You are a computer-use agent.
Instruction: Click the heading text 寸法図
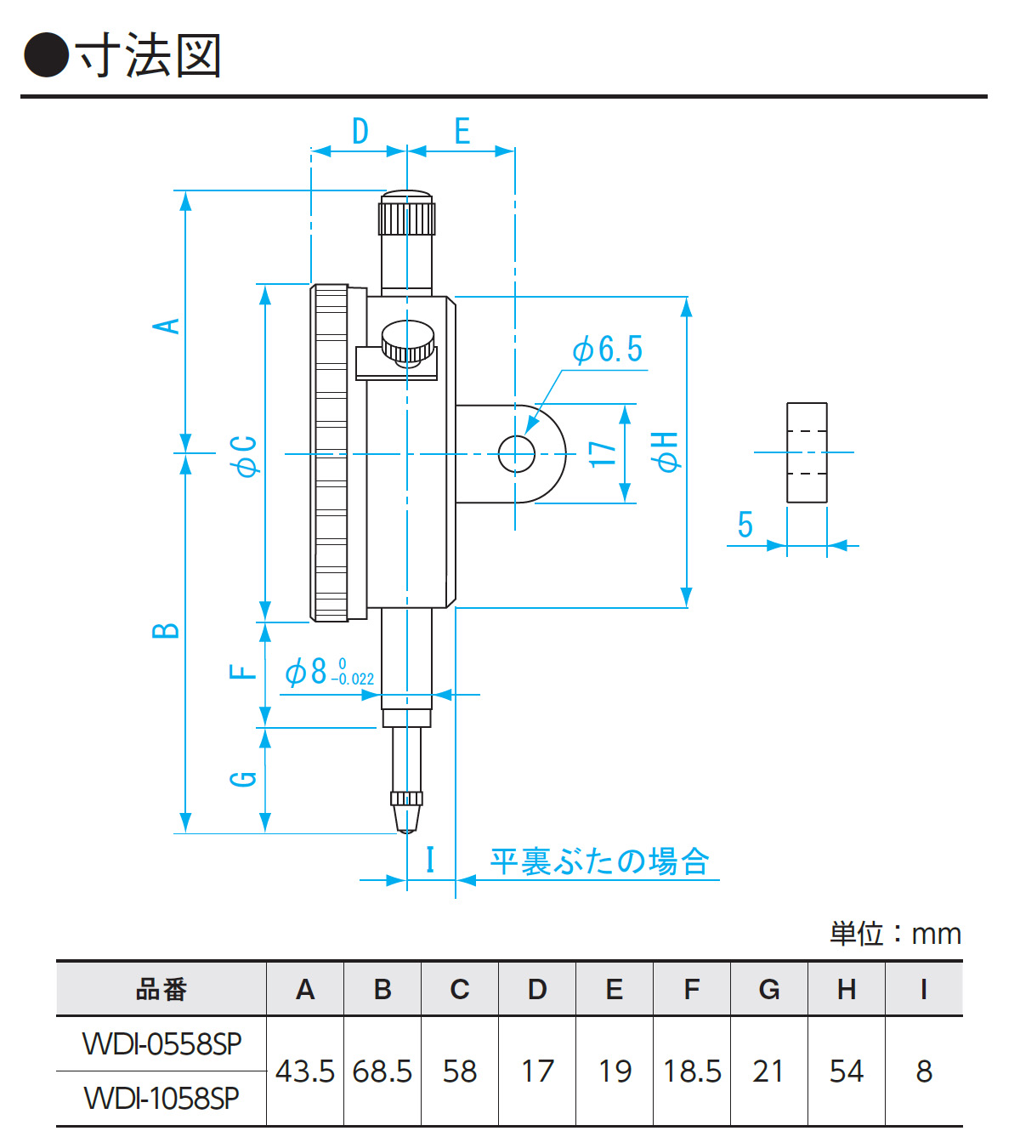click(x=150, y=56)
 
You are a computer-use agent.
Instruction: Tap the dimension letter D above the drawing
click(x=360, y=132)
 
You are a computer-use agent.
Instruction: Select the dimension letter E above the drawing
click(x=462, y=132)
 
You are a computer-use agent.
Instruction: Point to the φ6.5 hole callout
click(x=608, y=350)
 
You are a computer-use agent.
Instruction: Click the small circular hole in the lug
click(x=516, y=453)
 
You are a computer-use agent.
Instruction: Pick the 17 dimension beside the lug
click(x=603, y=453)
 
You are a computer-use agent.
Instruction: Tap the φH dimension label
click(x=665, y=451)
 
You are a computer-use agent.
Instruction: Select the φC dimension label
click(x=245, y=456)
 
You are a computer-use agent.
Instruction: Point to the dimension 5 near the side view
click(x=745, y=525)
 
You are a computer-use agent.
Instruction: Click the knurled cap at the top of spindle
click(x=407, y=214)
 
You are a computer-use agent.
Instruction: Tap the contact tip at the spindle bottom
click(x=406, y=819)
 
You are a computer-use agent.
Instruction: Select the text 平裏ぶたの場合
click(x=599, y=861)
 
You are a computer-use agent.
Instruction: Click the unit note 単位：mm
click(x=895, y=934)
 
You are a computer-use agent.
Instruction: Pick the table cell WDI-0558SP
click(x=161, y=1043)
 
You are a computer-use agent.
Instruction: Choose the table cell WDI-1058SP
click(x=161, y=1098)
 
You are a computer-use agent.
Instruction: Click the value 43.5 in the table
click(x=305, y=1071)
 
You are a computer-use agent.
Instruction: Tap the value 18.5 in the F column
click(x=692, y=1071)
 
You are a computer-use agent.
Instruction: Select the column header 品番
click(x=161, y=989)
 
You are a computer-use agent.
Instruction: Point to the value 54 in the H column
click(x=847, y=1071)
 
